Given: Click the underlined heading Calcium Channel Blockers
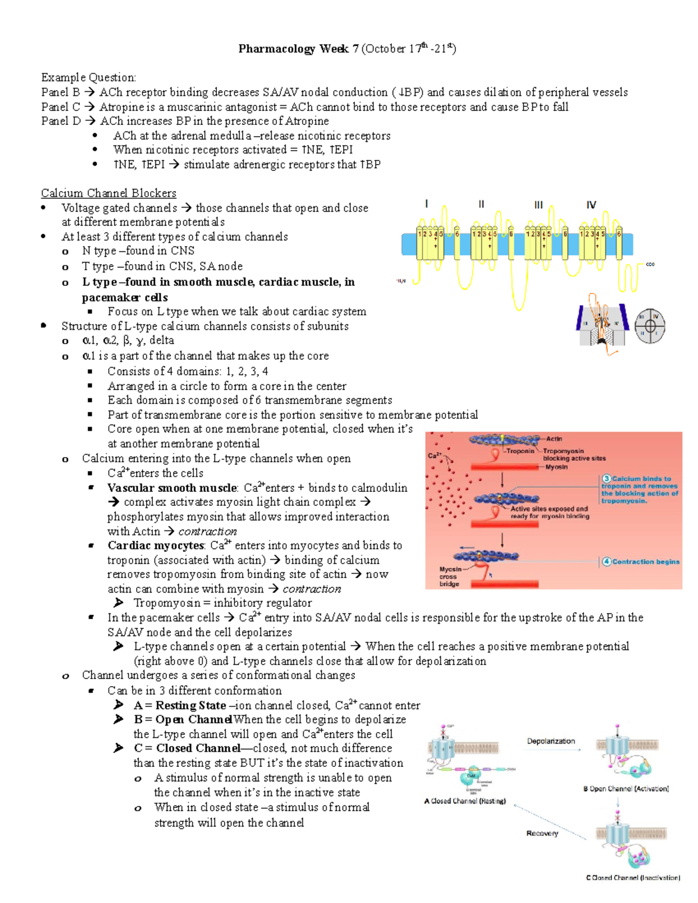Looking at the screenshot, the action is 108,193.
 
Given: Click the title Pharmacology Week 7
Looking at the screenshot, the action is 298,49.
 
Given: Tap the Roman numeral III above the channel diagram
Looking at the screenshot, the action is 539,205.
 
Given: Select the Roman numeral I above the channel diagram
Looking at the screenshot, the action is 427,204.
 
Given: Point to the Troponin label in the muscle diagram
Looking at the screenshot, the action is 520,451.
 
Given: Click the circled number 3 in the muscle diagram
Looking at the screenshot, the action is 606,479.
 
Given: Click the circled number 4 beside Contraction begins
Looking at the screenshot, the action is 607,562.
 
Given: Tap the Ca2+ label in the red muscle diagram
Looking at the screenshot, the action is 435,455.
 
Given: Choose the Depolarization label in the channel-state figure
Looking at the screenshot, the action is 551,741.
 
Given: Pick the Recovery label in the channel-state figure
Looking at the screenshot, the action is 542,833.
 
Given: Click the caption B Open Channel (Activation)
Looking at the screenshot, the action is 626,789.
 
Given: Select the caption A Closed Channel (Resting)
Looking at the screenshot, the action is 465,801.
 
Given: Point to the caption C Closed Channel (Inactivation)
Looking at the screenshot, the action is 633,878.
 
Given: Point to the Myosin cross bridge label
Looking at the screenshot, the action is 450,576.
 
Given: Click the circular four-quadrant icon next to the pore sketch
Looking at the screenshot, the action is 649,325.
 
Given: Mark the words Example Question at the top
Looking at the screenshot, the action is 88,77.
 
